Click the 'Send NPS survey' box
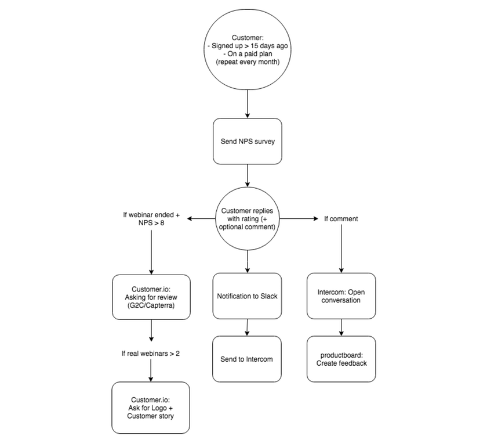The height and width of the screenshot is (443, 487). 248,141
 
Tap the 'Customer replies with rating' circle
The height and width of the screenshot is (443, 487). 248,219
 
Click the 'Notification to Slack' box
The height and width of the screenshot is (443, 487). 248,296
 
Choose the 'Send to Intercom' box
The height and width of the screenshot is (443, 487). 248,359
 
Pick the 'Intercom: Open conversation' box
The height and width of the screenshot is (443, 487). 341,296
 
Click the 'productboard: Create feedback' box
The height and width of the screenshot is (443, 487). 341,359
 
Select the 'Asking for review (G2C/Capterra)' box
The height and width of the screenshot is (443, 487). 151,297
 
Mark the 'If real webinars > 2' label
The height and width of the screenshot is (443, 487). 151,352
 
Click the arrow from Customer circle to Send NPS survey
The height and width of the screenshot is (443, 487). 248,106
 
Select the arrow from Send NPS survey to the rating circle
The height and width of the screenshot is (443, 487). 248,175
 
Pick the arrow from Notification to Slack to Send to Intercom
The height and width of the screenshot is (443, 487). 248,327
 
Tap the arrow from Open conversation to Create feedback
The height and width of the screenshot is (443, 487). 341,327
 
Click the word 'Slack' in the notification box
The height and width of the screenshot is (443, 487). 267,296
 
